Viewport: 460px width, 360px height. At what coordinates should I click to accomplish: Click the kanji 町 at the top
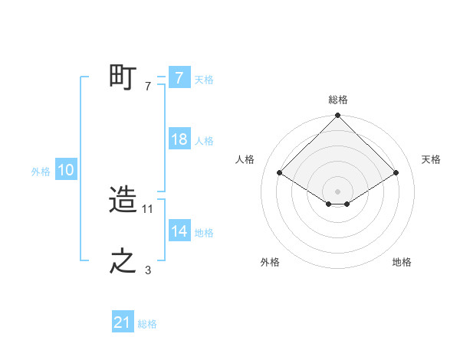pos(123,77)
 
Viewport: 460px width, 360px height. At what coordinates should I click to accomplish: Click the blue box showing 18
pos(179,139)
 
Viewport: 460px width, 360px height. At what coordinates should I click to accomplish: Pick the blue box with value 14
pos(179,231)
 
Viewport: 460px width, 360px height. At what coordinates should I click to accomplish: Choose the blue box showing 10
pos(66,170)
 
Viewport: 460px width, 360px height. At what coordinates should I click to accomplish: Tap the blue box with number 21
pos(123,323)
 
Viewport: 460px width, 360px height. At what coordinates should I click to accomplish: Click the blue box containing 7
pos(179,77)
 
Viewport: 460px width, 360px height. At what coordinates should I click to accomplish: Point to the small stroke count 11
pos(149,208)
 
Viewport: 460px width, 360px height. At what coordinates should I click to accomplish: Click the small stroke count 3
pos(148,270)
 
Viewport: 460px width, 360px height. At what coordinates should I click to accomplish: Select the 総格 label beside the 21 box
pos(147,324)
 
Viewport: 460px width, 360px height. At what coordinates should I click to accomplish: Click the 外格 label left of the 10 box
pos(41,172)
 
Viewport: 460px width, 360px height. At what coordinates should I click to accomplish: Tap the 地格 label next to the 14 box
pos(204,233)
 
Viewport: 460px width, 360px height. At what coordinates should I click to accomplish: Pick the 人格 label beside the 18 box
pos(204,141)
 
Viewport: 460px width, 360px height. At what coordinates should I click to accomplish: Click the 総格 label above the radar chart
pos(337,100)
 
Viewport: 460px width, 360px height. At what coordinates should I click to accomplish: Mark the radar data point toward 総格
pos(337,116)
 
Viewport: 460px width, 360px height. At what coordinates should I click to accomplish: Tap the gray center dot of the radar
pos(337,191)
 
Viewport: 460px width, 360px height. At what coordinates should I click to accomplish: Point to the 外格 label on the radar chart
pos(269,262)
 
